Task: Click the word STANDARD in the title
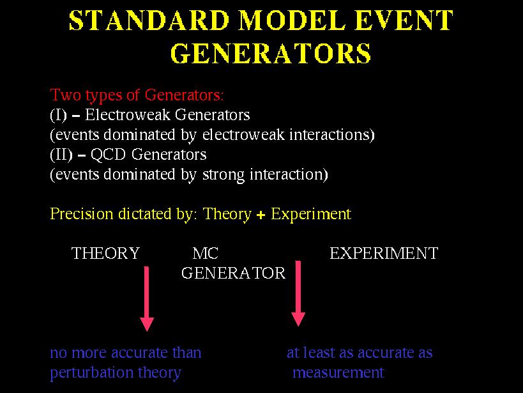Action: [x=149, y=20]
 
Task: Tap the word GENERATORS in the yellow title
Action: [x=271, y=54]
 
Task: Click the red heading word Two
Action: [x=65, y=95]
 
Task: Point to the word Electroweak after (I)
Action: [x=128, y=115]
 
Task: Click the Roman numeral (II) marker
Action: [x=61, y=155]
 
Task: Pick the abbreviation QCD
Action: [x=108, y=155]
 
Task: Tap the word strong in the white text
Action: [x=224, y=175]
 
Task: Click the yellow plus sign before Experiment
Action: [x=261, y=215]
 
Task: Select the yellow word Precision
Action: [x=82, y=214]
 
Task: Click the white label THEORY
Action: [x=105, y=254]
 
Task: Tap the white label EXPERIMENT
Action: [x=384, y=254]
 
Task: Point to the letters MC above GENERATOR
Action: [x=206, y=254]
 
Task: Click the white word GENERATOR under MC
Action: [x=234, y=273]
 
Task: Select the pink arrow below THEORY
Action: [x=146, y=299]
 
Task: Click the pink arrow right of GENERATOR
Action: [x=298, y=293]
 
